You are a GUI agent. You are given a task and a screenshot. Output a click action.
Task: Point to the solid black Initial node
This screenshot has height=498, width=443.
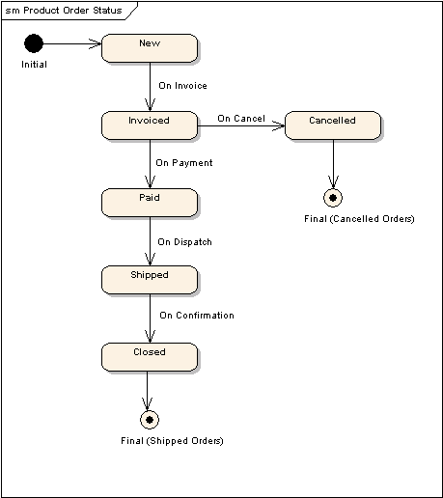pyautogui.click(x=34, y=43)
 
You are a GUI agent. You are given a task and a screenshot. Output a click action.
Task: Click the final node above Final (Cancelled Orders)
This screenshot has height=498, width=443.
pyautogui.click(x=333, y=198)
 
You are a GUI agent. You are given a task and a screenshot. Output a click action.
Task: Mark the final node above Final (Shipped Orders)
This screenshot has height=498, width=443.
pyautogui.click(x=148, y=420)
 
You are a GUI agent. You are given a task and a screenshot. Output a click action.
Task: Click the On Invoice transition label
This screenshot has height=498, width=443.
pyautogui.click(x=182, y=86)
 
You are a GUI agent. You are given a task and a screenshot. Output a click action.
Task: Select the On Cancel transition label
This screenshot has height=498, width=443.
pyautogui.click(x=240, y=119)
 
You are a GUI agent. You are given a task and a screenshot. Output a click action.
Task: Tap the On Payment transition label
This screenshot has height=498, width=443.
pyautogui.click(x=183, y=163)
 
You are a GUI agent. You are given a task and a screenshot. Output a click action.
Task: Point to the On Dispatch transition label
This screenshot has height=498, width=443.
pyautogui.click(x=184, y=242)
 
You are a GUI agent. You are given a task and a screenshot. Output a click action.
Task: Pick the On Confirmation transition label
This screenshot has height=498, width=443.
pyautogui.click(x=196, y=316)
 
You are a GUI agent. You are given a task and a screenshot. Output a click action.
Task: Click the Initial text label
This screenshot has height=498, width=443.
pyautogui.click(x=34, y=65)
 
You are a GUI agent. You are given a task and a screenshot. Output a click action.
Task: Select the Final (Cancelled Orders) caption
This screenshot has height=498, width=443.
pyautogui.click(x=358, y=219)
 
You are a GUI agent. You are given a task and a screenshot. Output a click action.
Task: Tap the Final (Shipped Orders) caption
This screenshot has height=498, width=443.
pyautogui.click(x=172, y=441)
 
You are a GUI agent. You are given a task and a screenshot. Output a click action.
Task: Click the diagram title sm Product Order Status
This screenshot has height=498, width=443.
pyautogui.click(x=65, y=10)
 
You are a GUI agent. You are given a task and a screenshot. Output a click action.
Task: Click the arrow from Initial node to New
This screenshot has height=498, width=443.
pyautogui.click(x=72, y=43)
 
